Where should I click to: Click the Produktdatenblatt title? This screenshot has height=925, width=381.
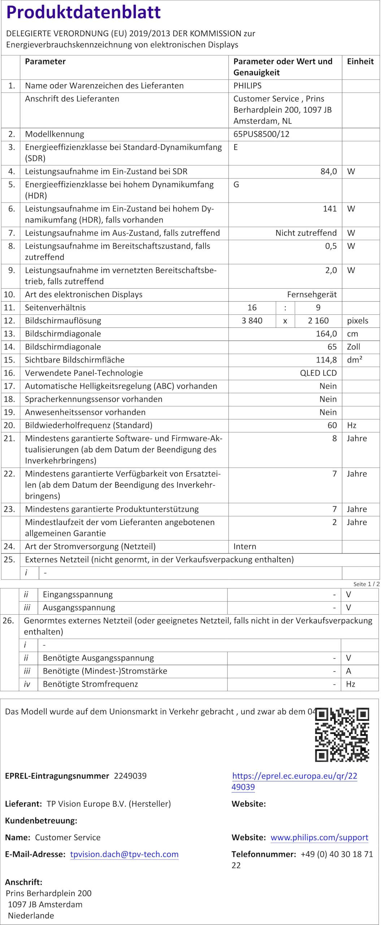point(83,12)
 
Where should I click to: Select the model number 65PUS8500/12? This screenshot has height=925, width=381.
point(261,134)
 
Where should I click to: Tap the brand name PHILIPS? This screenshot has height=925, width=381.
point(247,86)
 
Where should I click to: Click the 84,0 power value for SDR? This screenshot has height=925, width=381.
point(328,171)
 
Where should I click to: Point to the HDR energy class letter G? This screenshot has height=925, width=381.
point(236,185)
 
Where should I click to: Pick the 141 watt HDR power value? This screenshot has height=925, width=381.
point(329,208)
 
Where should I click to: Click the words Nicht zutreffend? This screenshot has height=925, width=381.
point(306,233)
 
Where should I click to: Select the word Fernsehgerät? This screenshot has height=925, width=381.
point(312,294)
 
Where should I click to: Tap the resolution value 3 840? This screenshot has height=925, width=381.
point(252,320)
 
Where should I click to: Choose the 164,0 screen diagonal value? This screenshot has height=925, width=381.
point(326,334)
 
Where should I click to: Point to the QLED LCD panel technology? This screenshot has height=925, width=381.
point(318,373)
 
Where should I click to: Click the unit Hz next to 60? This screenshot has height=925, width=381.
point(351,425)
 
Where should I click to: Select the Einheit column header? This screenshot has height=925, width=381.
point(360,61)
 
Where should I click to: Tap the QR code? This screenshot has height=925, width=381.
point(342,735)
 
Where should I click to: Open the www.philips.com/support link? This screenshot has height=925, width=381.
point(319,837)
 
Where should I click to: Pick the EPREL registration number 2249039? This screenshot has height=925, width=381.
point(130,776)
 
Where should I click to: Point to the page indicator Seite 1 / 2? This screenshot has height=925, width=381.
point(366,584)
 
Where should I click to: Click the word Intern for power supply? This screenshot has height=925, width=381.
point(244,546)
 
